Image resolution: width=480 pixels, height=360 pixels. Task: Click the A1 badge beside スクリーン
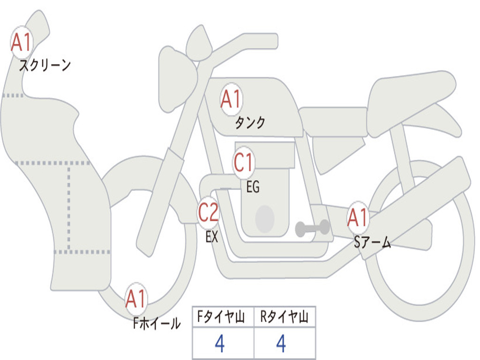pos(22,43)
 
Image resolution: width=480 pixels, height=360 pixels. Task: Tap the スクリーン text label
pos(45,65)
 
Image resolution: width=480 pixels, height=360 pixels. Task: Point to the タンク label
pos(250,122)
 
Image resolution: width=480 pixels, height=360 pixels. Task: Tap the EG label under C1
pos(253,187)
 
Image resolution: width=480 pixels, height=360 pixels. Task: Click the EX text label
pos(212,237)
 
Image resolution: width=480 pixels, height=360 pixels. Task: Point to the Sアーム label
pos(372,242)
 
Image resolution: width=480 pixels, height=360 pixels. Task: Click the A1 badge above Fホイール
pos(136,299)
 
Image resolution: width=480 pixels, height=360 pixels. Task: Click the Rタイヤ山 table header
pos(285,317)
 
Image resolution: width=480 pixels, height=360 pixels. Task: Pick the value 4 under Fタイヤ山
pos(219,344)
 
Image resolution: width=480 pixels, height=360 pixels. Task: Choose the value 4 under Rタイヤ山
pos(281,344)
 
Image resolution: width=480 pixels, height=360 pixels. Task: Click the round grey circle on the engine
pos(264,219)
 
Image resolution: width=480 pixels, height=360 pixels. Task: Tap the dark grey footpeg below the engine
pos(312,228)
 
